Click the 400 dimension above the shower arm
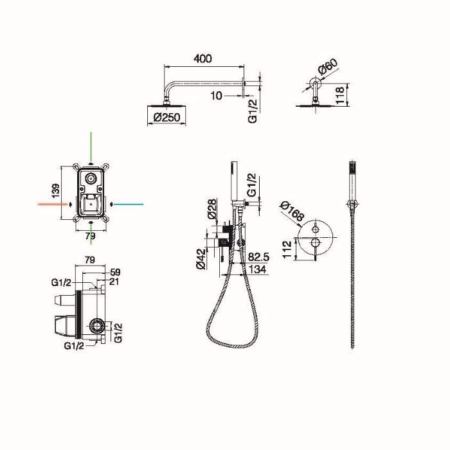203,59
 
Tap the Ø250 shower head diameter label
166,117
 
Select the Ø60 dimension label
328,67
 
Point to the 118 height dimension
340,95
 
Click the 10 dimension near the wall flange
217,96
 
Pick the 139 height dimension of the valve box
56,190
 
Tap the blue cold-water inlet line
129,204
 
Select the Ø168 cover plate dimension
292,212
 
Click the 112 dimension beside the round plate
287,249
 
